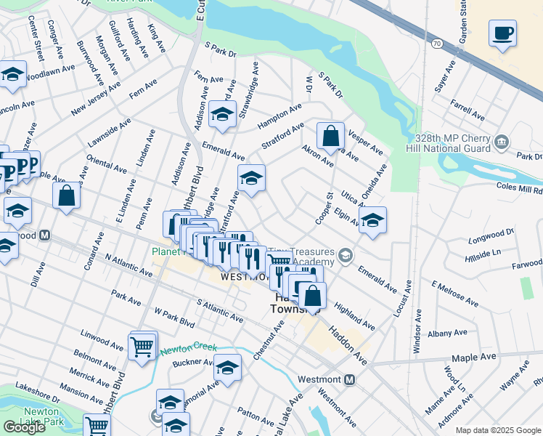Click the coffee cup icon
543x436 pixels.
coord(502,33)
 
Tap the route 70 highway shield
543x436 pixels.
coord(436,44)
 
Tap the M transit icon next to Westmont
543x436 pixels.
coord(349,379)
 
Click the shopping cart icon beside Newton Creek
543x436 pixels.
coord(142,345)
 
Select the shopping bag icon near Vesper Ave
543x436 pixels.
coord(330,135)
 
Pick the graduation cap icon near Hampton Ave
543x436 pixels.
coord(222,114)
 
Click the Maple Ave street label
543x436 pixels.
coord(473,358)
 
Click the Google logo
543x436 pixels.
coord(25,427)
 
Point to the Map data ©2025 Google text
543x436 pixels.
coord(498,430)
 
